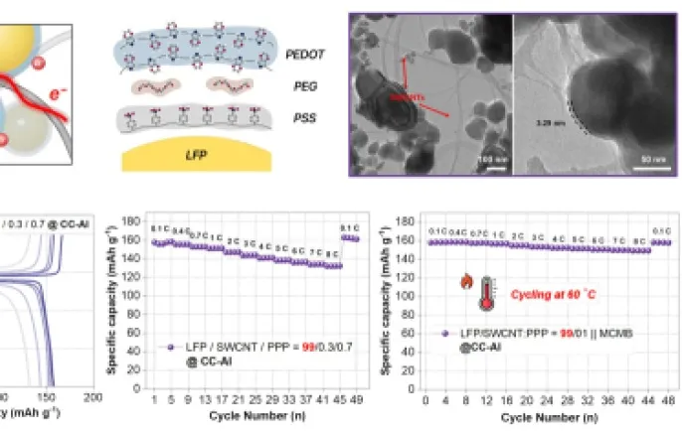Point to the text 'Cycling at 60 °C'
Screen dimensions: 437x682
tap(552, 295)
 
